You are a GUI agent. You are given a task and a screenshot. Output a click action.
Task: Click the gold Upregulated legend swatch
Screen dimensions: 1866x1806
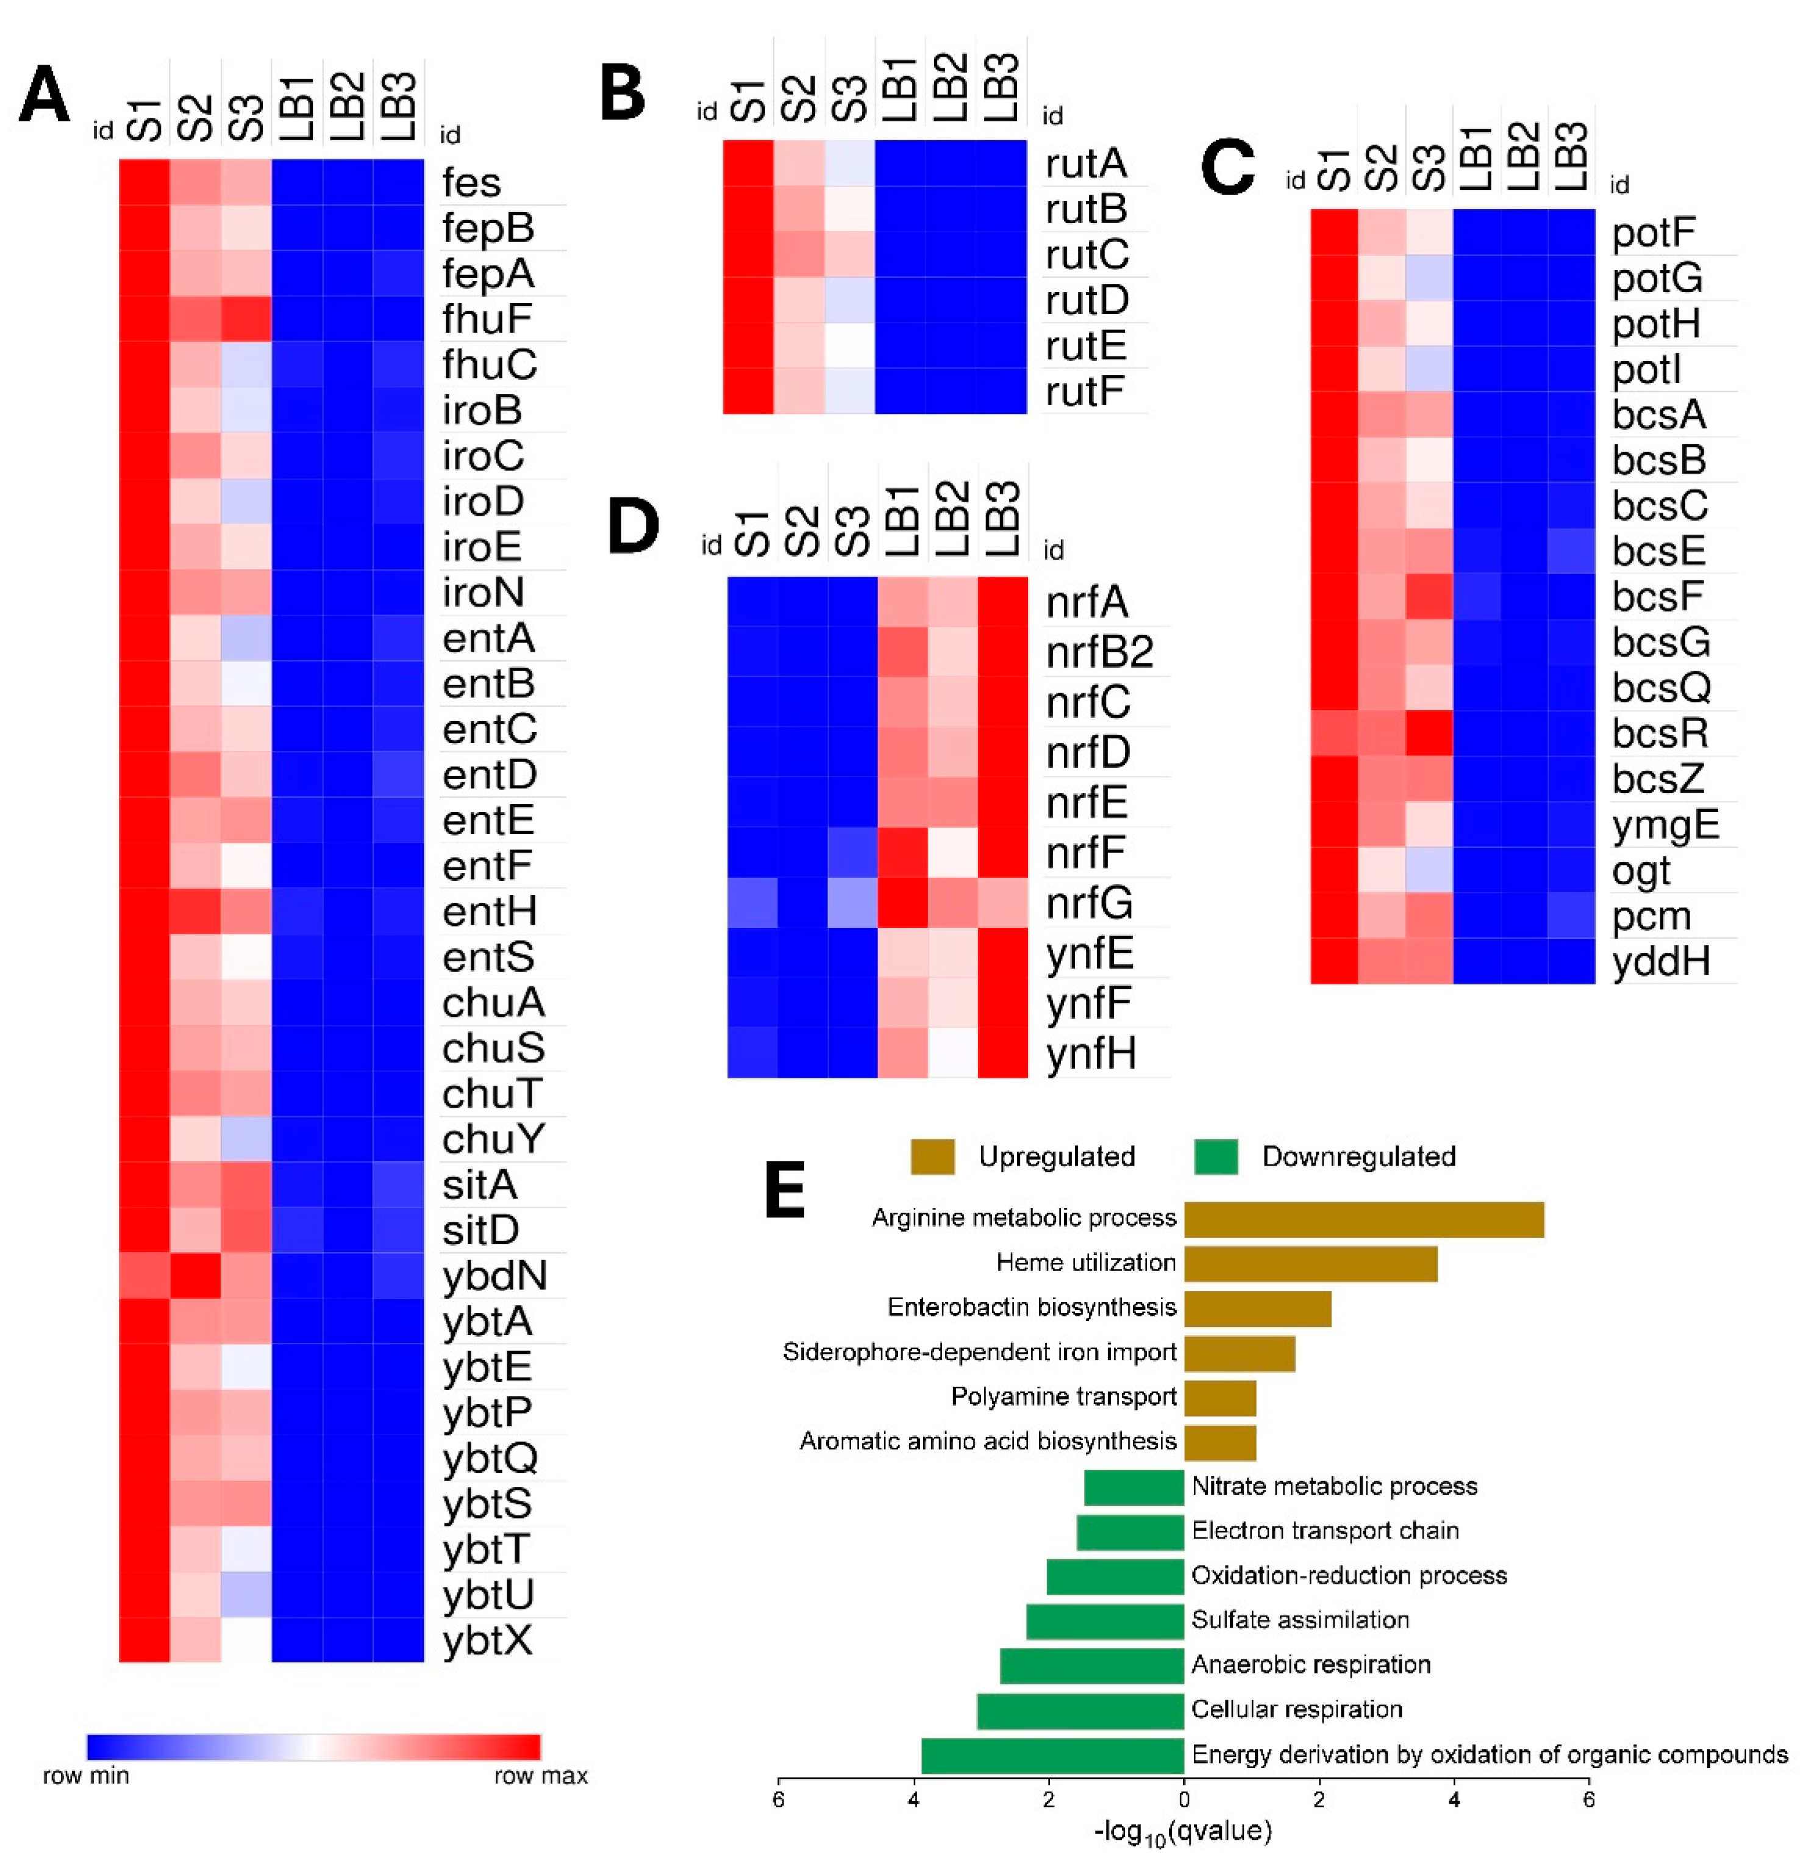point(932,1157)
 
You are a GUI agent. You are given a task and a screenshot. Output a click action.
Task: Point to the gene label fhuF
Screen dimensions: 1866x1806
point(487,319)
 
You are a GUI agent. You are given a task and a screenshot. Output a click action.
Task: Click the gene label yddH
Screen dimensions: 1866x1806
point(1660,961)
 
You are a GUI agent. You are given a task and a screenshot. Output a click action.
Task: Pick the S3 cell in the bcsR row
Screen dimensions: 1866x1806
point(1428,733)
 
